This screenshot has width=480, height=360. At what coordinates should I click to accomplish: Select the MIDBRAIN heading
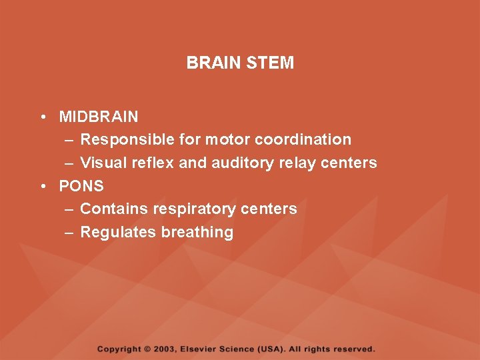click(x=99, y=117)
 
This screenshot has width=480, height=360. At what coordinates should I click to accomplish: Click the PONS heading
click(x=81, y=186)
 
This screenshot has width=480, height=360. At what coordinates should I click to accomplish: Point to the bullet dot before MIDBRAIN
click(x=42, y=117)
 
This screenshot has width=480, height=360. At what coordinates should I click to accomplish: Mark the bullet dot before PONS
click(x=42, y=186)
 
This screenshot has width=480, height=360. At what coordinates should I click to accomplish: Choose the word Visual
click(x=101, y=163)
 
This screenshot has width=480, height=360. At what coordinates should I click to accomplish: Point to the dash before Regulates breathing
click(x=70, y=232)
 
